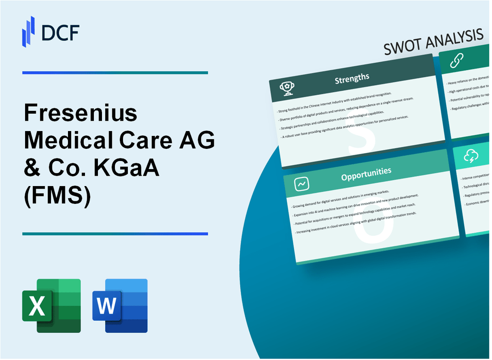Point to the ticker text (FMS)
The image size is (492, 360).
point(57,197)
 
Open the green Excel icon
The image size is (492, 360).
point(51,305)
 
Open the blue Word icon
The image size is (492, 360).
point(120,305)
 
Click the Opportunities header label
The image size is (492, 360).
point(366,171)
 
